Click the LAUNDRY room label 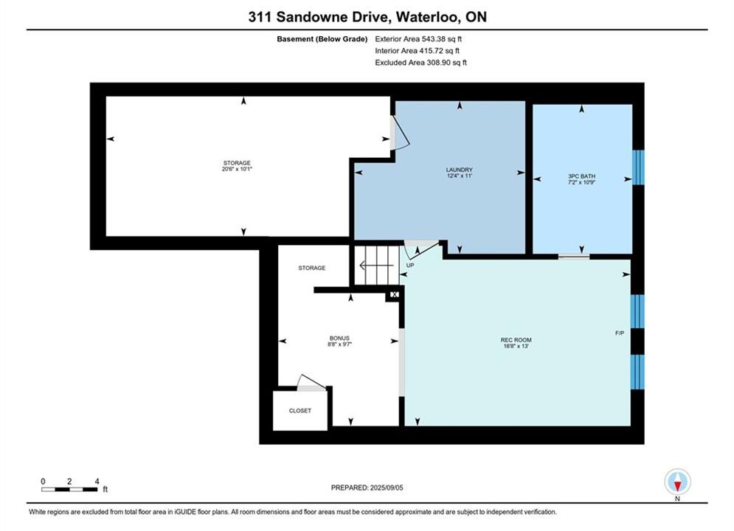(x=460, y=170)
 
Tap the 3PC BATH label (x=582, y=176)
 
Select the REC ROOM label (x=516, y=340)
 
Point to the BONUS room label (x=339, y=339)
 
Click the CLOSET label (x=300, y=411)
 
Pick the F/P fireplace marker (x=620, y=333)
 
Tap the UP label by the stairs (x=410, y=265)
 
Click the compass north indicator (x=677, y=482)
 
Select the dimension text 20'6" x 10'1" (x=237, y=169)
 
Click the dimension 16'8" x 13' (x=516, y=346)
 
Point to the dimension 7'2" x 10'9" (x=582, y=182)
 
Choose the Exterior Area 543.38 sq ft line (x=418, y=39)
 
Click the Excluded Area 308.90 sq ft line (x=420, y=62)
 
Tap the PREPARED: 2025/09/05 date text (x=367, y=487)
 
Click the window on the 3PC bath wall (x=638, y=167)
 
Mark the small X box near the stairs (x=394, y=294)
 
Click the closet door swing (x=311, y=383)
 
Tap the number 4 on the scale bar (x=97, y=481)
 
